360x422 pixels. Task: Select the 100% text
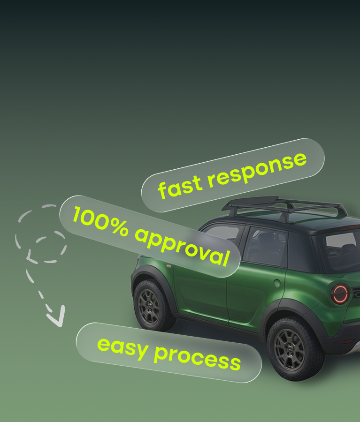pyautogui.click(x=100, y=222)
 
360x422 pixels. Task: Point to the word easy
pyautogui.click(x=123, y=348)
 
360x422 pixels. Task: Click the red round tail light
pyautogui.click(x=340, y=294)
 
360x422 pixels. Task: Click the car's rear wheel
pyautogui.click(x=294, y=349)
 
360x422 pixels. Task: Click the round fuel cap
pyautogui.click(x=277, y=283)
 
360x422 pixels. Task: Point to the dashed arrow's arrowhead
pyautogui.click(x=57, y=317)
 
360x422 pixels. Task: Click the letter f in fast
pyautogui.click(x=163, y=190)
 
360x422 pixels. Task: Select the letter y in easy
pyautogui.click(x=141, y=352)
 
